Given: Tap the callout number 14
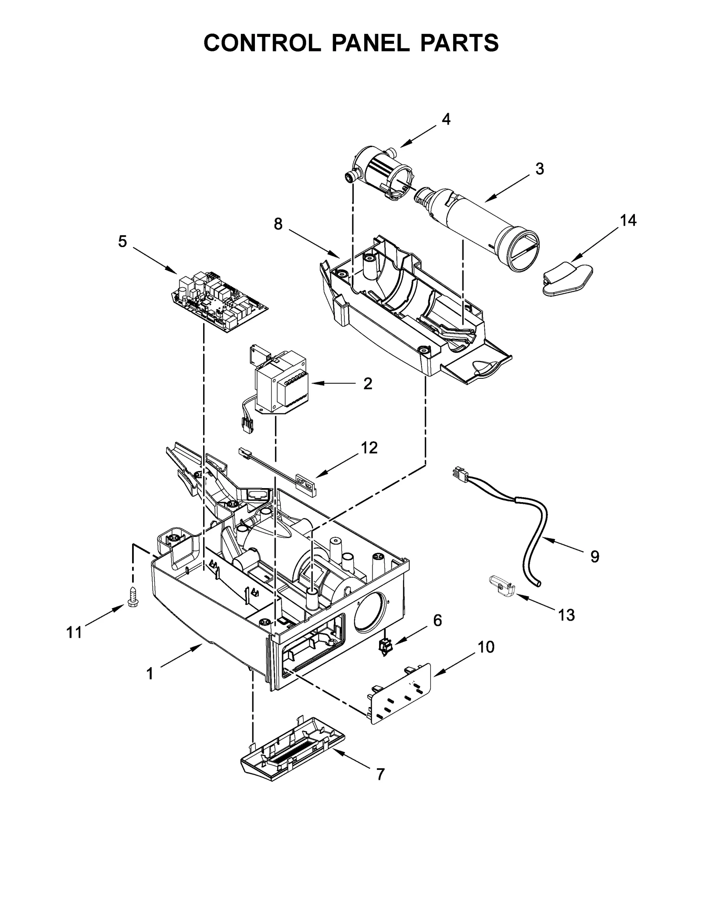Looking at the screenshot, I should click(628, 220).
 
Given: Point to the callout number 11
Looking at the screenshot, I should click(74, 632).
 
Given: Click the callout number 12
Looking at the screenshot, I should click(369, 448).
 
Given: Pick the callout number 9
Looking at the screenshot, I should click(595, 557).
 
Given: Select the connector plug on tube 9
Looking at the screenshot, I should click(459, 474).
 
